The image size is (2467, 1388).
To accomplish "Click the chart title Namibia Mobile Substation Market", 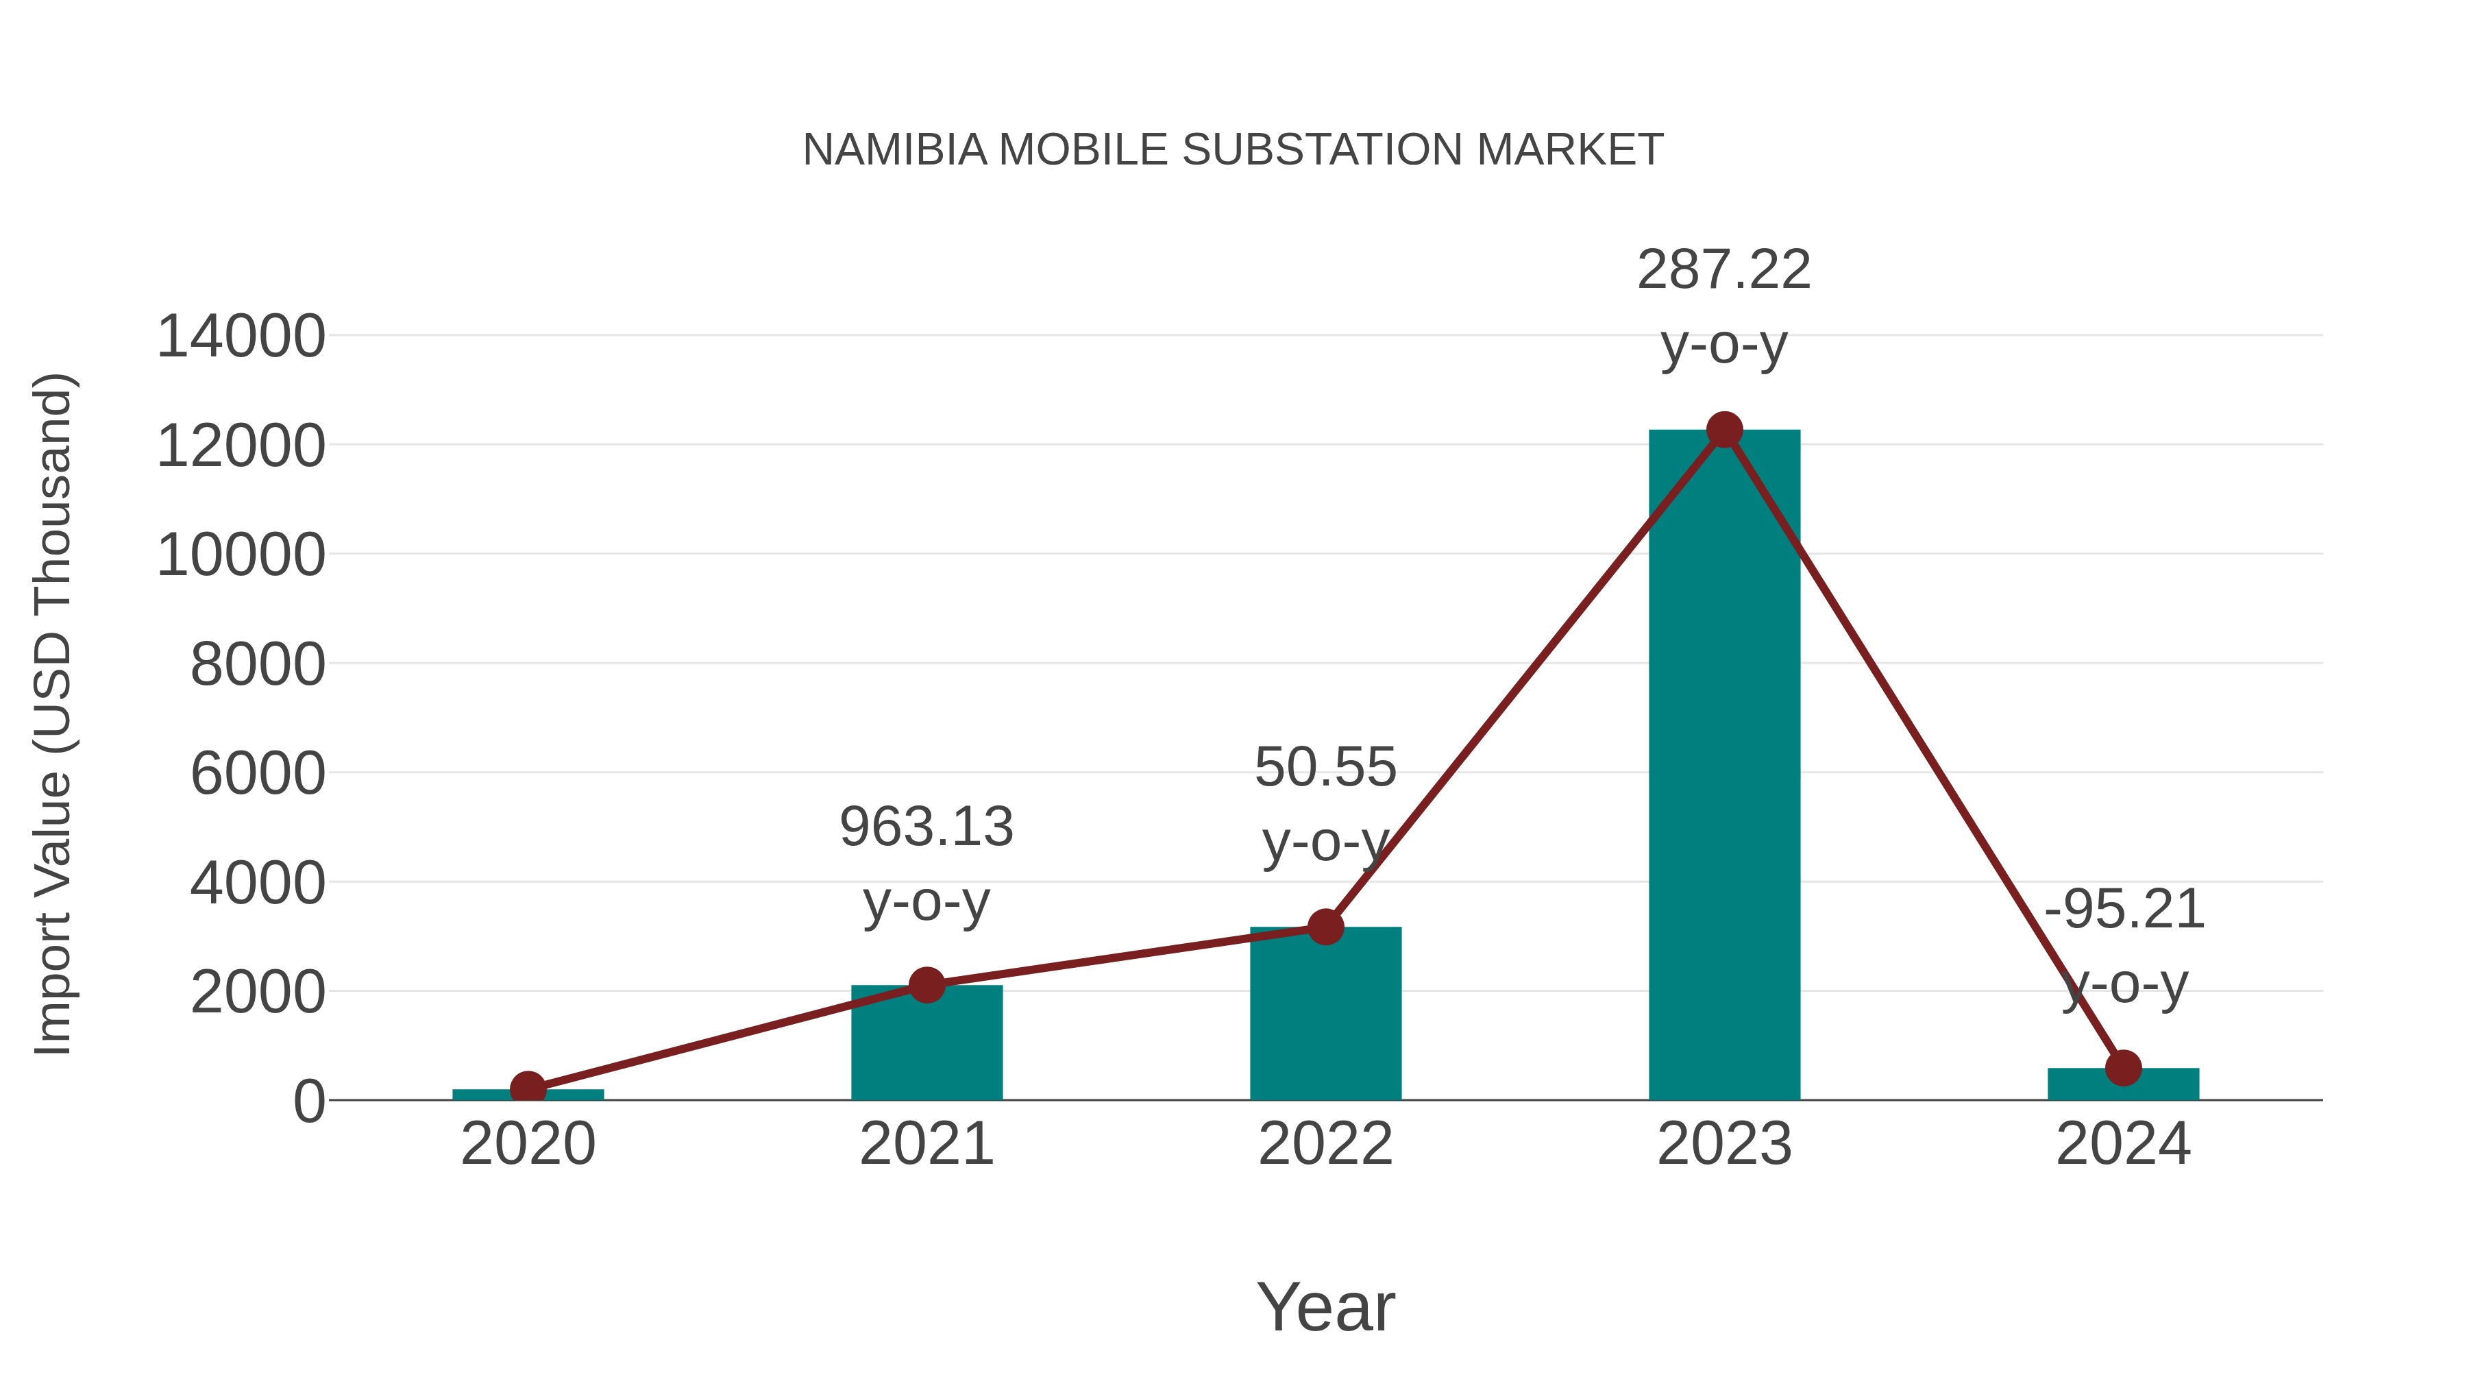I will (1233, 149).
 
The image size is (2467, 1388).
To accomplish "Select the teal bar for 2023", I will (1724, 766).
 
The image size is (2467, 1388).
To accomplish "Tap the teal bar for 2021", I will (926, 1044).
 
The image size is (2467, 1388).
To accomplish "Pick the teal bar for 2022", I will (1325, 1015).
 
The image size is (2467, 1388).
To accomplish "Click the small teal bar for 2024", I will (2123, 1084).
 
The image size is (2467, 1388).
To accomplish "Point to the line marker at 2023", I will (1724, 430).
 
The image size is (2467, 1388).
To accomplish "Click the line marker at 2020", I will (528, 1088).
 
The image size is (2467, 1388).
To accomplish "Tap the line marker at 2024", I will (2123, 1067).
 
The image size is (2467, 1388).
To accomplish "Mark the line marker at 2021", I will (926, 985).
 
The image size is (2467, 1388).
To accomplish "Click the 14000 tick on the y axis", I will (241, 337).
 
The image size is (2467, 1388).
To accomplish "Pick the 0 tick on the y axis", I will (308, 1101).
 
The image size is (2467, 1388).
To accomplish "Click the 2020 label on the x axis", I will (528, 1144).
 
